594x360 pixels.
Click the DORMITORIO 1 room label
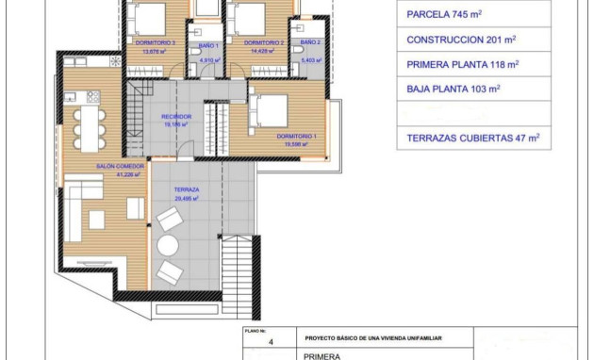tap(297, 137)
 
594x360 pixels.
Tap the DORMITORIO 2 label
tap(264, 43)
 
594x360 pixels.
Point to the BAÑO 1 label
tap(209, 45)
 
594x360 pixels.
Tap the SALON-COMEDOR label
tap(118, 166)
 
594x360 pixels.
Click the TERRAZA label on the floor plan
tap(185, 189)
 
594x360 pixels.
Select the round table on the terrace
tap(168, 245)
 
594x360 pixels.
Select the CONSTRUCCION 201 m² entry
tap(462, 41)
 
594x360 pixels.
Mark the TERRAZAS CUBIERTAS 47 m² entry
tap(472, 138)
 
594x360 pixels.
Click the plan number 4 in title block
tap(271, 343)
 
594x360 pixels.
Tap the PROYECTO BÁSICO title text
tap(373, 337)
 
